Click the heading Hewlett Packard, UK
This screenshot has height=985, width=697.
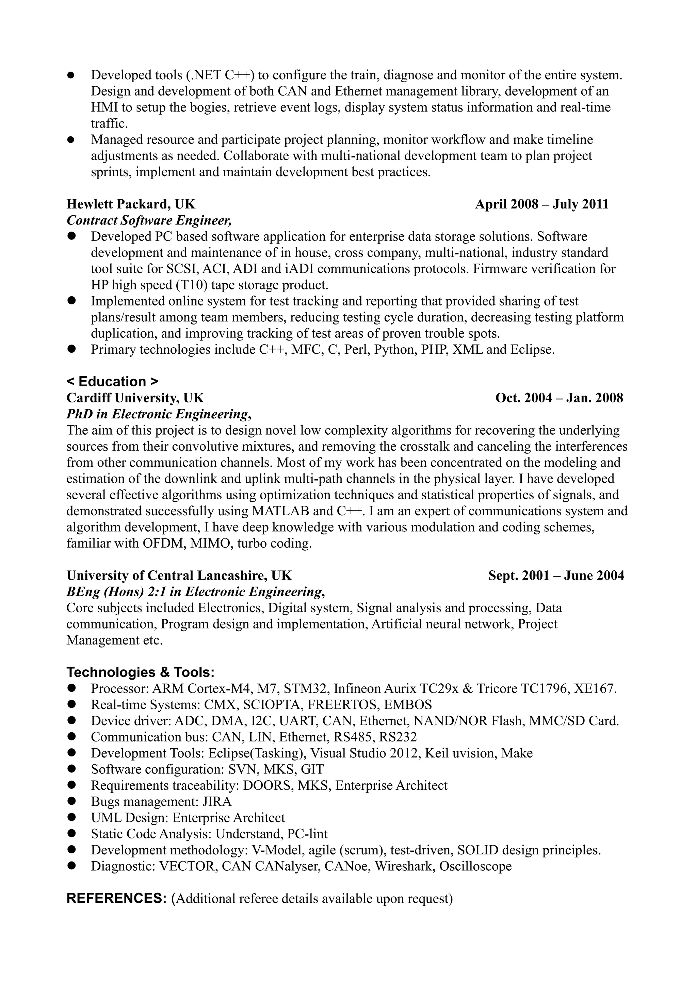click(x=131, y=204)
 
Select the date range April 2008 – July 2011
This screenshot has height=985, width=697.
click(x=541, y=204)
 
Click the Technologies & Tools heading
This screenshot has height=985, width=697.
click(x=140, y=672)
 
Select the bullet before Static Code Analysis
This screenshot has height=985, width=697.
click(x=71, y=834)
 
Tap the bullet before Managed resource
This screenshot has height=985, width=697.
click(x=71, y=139)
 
